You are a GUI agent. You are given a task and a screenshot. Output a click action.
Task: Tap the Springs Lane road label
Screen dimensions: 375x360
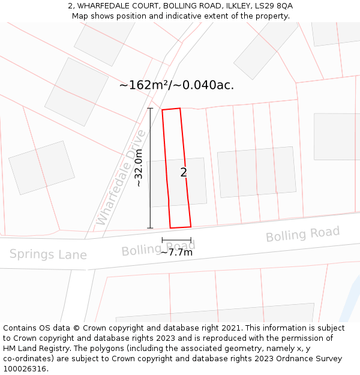point(48,254)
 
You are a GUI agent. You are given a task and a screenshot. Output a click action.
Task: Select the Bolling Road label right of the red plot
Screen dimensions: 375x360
point(302,234)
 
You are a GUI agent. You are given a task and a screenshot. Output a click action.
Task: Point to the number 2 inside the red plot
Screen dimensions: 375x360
point(184,173)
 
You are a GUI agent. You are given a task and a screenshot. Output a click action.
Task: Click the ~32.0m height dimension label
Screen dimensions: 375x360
point(139,169)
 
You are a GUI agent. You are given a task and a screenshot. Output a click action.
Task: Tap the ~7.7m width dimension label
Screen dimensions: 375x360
point(176,252)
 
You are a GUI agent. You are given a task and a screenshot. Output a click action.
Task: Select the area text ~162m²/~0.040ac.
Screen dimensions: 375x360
point(176,85)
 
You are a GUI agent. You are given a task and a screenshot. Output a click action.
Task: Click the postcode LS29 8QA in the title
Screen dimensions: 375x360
point(275,6)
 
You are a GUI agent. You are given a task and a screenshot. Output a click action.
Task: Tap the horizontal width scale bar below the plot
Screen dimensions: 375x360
point(176,240)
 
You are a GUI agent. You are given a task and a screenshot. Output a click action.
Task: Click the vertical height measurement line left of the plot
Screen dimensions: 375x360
point(150,168)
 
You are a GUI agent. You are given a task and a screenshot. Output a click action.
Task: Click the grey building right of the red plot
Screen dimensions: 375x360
point(257,172)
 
